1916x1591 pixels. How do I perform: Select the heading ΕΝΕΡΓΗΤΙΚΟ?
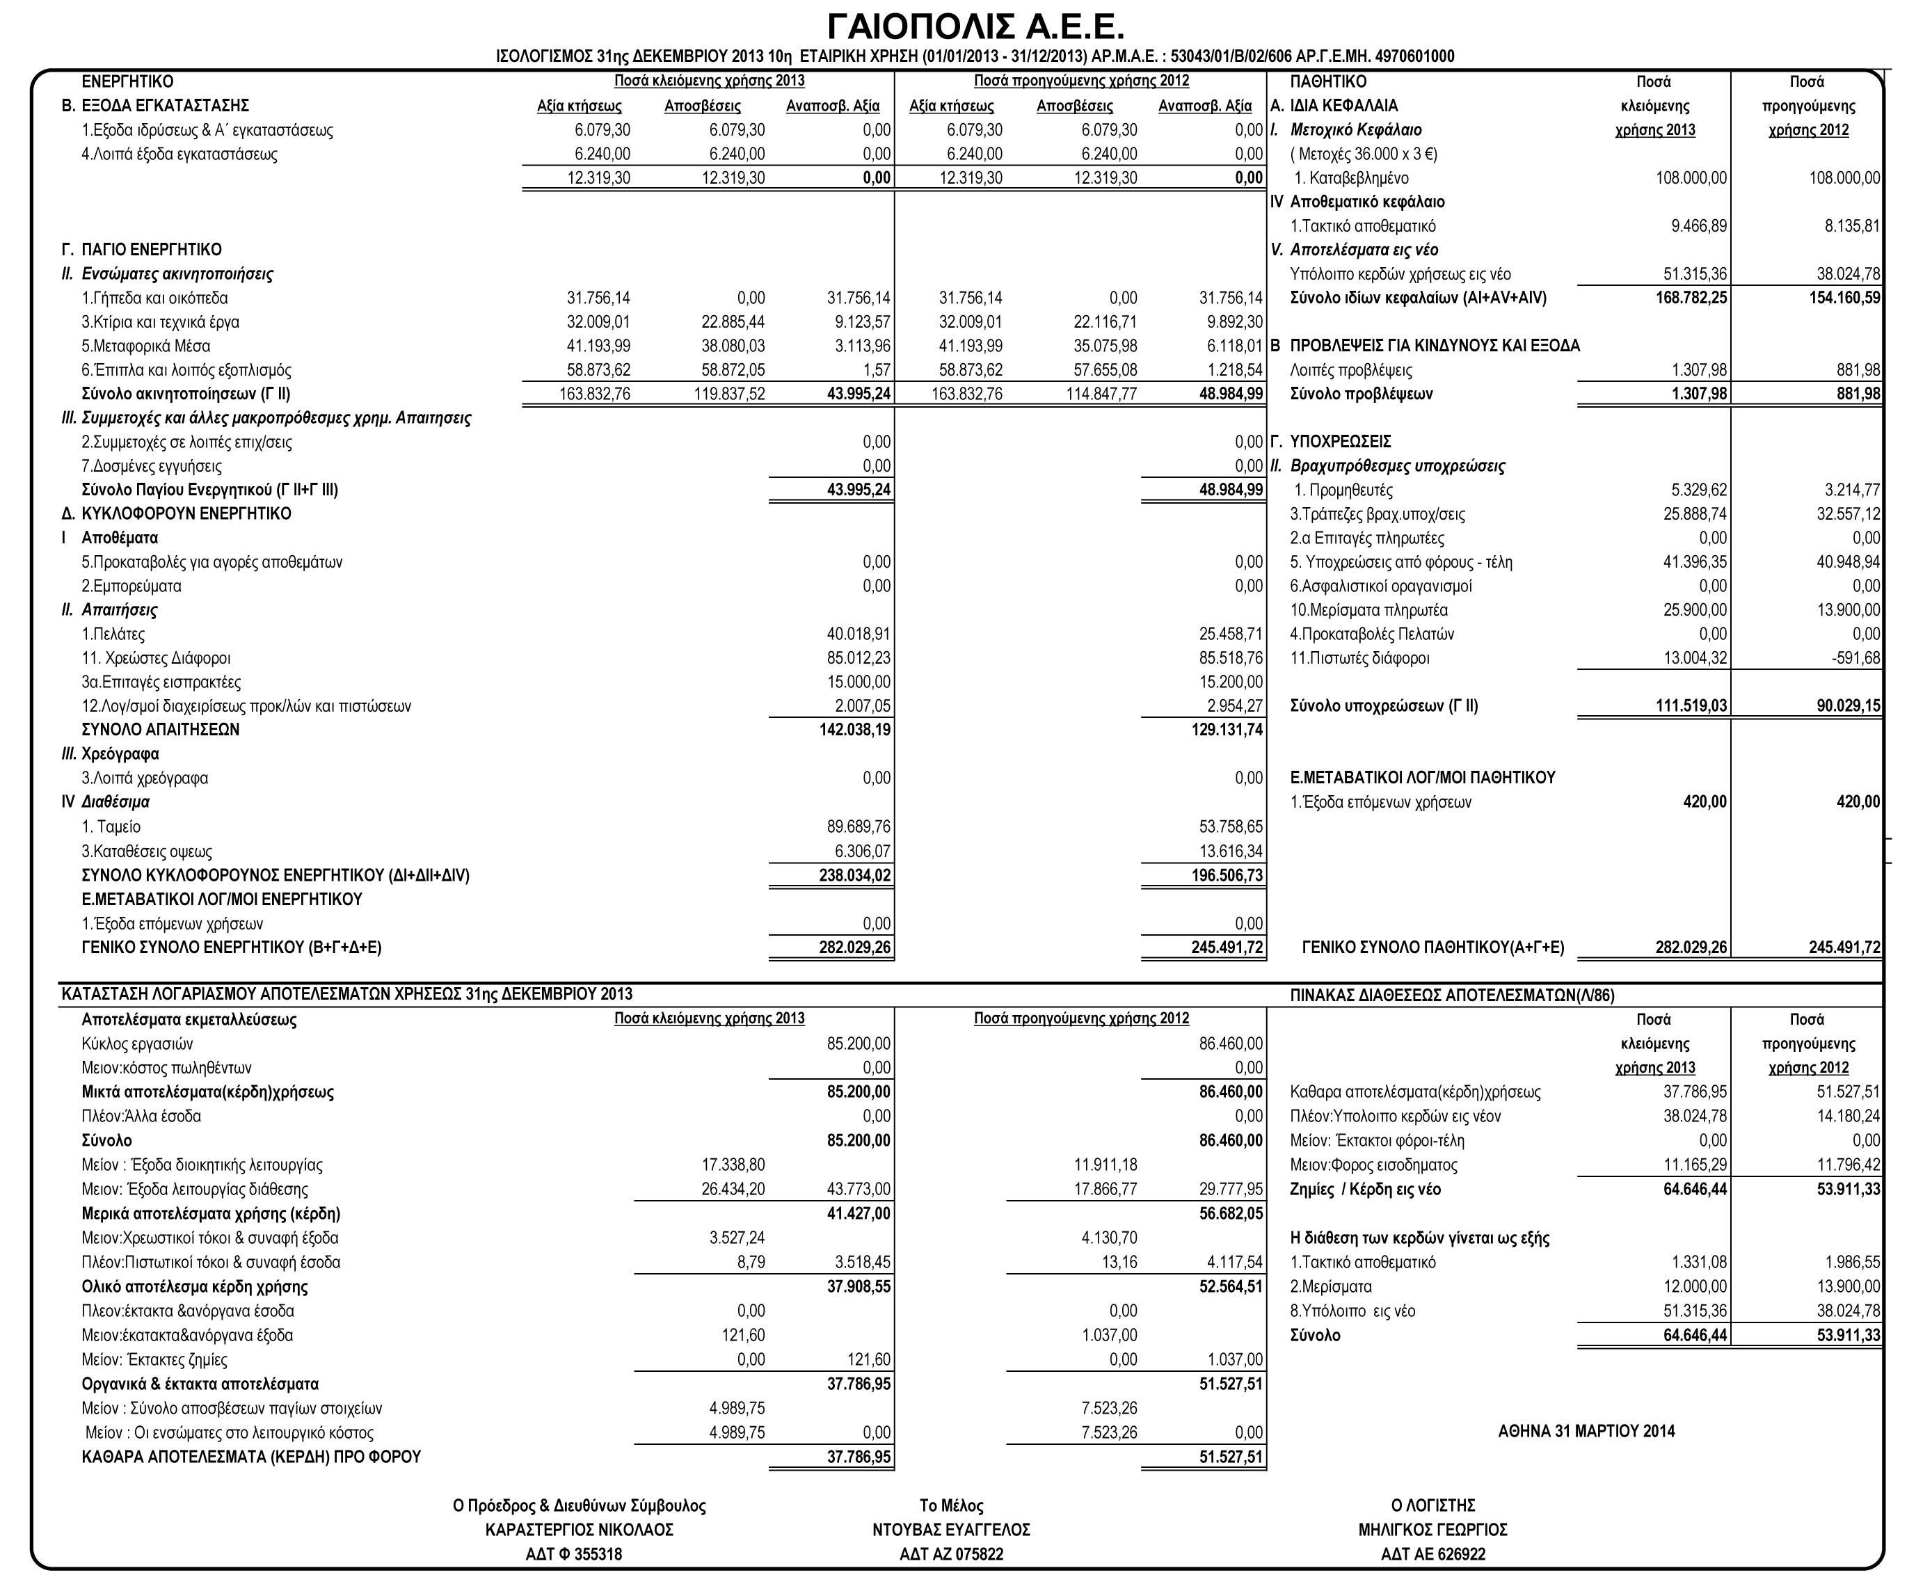128,82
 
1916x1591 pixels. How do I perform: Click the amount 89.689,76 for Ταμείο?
858,826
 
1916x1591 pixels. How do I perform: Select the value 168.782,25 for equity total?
1691,298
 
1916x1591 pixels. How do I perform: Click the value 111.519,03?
1691,705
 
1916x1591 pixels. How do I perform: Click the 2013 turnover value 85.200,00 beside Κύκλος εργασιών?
858,1044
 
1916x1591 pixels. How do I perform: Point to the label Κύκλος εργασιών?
138,1044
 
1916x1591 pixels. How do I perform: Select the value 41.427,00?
858,1213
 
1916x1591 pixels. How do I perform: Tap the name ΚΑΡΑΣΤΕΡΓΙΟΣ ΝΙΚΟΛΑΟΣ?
580,1530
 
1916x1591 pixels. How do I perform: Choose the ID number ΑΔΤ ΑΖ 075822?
951,1553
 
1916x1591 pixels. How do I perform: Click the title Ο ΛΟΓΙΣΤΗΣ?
1432,1505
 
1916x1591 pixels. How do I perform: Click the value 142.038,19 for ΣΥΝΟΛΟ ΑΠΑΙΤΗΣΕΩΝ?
855,729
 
